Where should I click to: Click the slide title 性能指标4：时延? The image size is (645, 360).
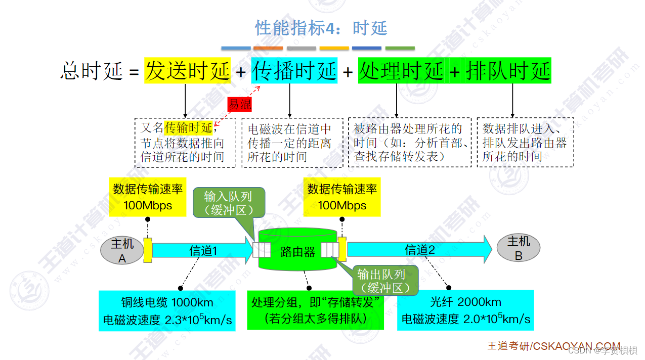click(321, 28)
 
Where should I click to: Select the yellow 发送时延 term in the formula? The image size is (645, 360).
click(188, 71)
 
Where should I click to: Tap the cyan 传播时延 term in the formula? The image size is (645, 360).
click(294, 71)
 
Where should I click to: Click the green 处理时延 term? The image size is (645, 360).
click(401, 71)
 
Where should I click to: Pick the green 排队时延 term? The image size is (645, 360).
click(508, 71)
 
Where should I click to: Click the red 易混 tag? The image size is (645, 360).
click(239, 104)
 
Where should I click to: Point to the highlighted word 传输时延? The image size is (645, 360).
click(188, 128)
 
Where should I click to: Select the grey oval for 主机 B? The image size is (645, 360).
click(518, 248)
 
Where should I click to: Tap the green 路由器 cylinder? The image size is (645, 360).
click(297, 251)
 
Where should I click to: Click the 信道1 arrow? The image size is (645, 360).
click(203, 250)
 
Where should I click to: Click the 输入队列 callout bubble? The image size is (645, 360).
click(228, 203)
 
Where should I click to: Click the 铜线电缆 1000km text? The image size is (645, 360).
click(167, 303)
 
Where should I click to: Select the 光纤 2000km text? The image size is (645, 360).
click(465, 302)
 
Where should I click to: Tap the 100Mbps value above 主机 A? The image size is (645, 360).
click(147, 205)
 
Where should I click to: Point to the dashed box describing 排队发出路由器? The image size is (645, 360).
click(525, 143)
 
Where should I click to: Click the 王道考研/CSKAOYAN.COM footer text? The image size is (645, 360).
click(553, 346)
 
